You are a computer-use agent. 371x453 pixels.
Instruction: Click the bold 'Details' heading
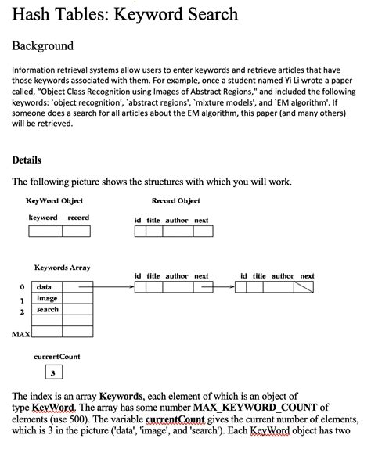27,160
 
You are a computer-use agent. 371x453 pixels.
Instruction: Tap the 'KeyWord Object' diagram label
55,201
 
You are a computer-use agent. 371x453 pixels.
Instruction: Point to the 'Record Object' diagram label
175,201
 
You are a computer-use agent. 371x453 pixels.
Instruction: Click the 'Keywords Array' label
62,268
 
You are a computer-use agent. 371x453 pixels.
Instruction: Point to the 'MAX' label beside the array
21,334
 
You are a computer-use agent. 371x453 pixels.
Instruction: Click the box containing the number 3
56,372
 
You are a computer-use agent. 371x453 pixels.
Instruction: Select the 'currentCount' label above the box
56,357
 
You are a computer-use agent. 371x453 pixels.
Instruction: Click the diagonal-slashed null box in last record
304,287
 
